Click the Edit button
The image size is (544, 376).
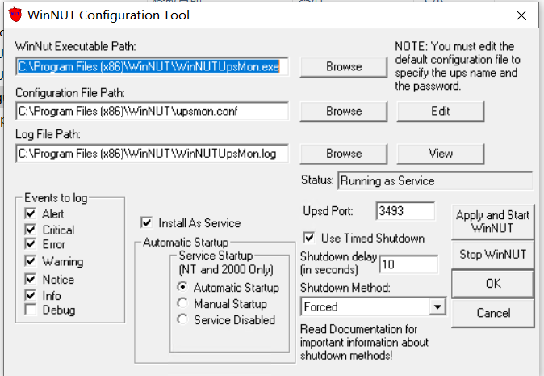point(440,112)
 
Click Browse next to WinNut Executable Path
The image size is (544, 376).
point(344,67)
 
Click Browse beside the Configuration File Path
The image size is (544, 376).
point(344,112)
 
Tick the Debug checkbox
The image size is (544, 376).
point(31,309)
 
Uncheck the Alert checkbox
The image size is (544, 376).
point(31,213)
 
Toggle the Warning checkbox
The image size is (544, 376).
point(31,260)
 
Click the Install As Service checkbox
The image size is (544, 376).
point(146,222)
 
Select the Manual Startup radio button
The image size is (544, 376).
point(182,303)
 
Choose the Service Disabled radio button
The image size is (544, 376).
point(182,319)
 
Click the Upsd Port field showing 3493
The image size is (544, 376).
point(405,211)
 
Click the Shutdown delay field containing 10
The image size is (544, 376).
point(408,264)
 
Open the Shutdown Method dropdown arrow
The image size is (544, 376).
point(437,306)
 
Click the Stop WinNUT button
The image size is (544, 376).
point(492,255)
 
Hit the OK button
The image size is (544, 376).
point(492,284)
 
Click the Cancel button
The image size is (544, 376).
point(492,313)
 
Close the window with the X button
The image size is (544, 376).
point(521,15)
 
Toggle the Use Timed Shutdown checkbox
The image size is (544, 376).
point(309,238)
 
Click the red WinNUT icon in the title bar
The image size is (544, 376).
point(15,15)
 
